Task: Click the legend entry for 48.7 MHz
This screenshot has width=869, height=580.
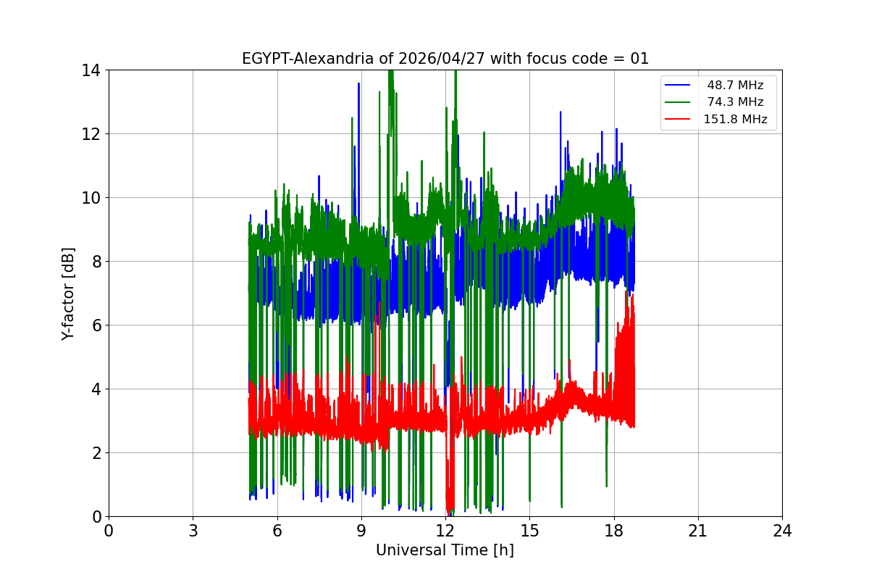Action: point(735,86)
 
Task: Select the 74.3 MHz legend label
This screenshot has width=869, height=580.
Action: point(735,102)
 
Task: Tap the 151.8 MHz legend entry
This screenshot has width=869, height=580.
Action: point(735,119)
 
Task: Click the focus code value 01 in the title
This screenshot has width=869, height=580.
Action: point(639,59)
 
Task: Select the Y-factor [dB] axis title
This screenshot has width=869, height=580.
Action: point(68,293)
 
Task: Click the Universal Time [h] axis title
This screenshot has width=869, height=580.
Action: point(445,550)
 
